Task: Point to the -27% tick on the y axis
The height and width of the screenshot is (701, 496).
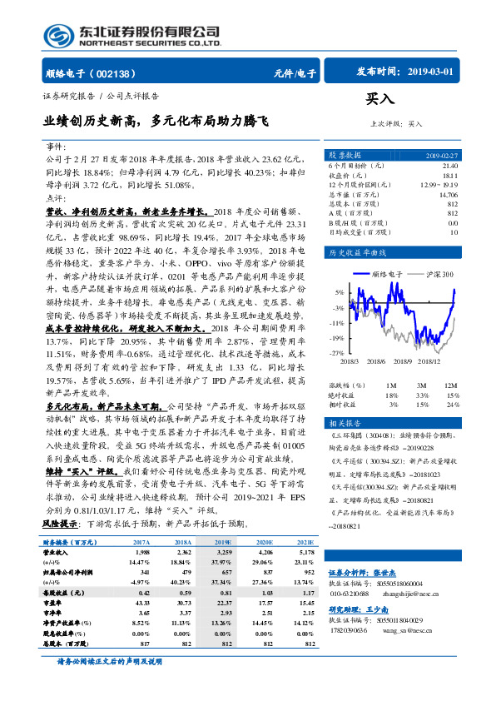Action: [x=336, y=353]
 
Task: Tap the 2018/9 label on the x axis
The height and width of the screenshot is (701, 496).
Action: [x=406, y=361]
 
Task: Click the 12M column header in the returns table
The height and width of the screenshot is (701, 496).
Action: [x=451, y=386]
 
